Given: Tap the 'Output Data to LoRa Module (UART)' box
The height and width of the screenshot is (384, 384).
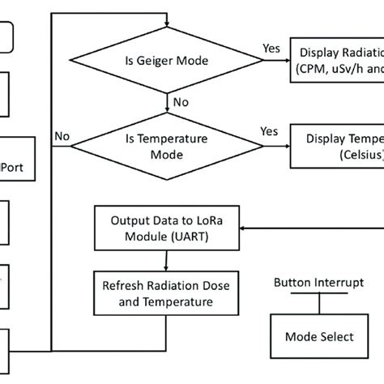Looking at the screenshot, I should coord(167,228).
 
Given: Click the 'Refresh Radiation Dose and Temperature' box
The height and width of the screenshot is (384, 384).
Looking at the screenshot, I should coord(166,294).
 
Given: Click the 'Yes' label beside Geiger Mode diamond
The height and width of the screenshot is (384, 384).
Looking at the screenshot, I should coord(272,49).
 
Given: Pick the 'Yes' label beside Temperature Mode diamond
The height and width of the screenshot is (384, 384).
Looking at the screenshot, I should coord(269,130).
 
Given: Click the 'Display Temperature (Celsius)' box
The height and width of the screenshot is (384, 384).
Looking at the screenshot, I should coord(336,146).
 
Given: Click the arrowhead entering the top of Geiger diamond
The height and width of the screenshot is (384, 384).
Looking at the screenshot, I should coord(166,23).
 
